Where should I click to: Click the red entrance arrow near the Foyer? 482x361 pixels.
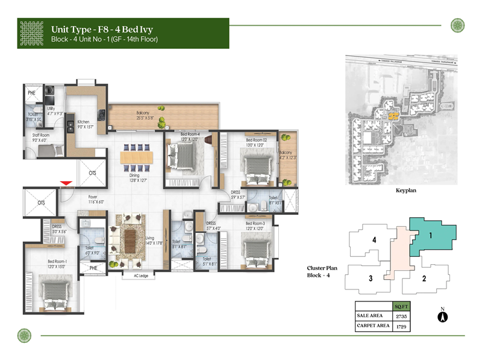(66, 183)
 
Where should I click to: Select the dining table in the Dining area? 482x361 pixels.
(137, 158)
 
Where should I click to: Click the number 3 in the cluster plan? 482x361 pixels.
(371, 278)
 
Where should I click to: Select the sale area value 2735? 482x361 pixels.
(399, 315)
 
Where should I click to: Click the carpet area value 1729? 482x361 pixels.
(399, 326)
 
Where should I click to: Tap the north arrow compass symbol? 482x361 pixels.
(442, 315)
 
